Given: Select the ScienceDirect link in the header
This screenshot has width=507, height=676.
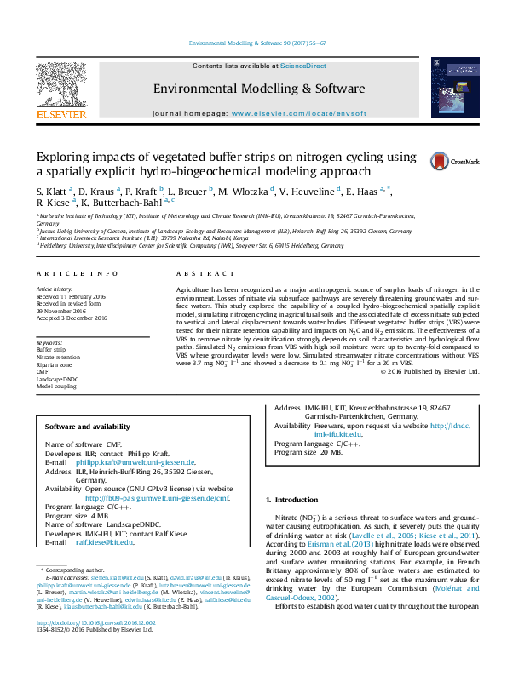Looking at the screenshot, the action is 303,66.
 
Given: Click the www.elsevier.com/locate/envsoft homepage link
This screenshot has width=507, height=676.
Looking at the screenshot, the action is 298,113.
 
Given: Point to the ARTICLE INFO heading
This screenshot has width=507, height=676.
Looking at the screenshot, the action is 78,273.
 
